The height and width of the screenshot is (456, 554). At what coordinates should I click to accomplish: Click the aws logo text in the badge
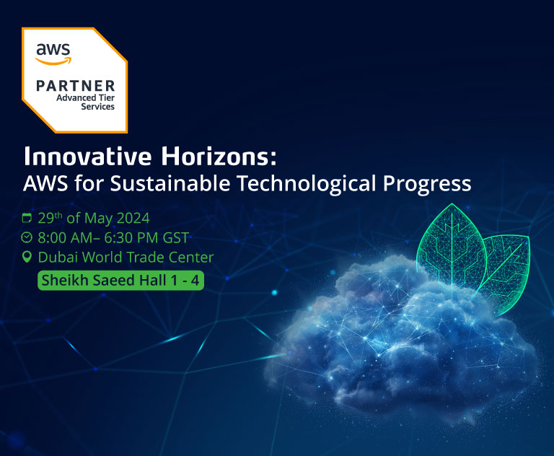(53, 50)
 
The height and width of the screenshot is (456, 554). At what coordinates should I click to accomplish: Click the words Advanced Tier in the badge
(85, 98)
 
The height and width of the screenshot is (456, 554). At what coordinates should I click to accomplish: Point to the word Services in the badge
(98, 107)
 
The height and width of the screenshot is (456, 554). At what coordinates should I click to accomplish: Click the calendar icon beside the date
(27, 217)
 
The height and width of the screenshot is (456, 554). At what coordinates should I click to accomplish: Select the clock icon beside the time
(27, 237)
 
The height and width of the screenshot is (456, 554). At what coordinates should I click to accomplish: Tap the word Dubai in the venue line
(58, 258)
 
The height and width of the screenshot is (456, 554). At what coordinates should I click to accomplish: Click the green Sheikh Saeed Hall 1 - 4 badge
(120, 280)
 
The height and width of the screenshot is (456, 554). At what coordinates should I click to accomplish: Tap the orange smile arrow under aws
(54, 60)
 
